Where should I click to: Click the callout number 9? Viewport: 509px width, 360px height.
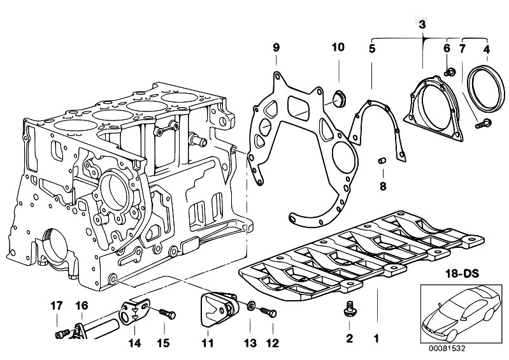pos(276,48)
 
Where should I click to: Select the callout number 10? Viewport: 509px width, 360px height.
pos(338,47)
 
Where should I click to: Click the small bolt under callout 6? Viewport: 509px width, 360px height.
pos(450,72)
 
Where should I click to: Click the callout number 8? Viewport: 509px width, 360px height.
pos(383,186)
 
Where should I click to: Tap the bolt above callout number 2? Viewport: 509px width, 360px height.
pos(349,309)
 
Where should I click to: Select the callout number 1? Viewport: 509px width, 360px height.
pos(376,339)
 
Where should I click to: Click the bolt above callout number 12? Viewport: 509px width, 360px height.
pos(268,313)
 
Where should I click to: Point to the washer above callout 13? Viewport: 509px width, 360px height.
pos(250,306)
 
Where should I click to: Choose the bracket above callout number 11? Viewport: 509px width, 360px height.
pos(218,308)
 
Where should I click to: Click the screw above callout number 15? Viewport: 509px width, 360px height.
pos(168,314)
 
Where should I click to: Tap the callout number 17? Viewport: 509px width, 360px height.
pos(57,306)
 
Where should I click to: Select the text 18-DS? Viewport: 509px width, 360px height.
pos(462,273)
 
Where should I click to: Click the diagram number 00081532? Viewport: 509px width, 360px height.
pos(447,349)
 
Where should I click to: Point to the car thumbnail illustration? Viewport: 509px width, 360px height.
pos(461,314)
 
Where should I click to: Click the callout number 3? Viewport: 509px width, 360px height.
pos(422,25)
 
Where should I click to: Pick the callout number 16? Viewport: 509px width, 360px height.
pos(82,306)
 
